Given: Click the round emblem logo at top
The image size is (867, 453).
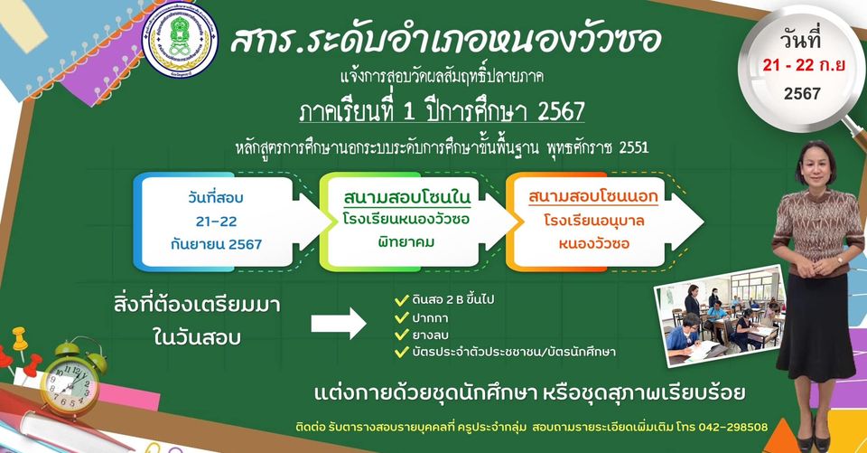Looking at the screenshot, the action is point(181,40).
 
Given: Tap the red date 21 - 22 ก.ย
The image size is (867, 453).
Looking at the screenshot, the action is point(804,65).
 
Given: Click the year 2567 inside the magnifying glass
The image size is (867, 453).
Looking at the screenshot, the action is point(802,93).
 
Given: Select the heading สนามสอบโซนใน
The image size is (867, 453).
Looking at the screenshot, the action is point(407,196).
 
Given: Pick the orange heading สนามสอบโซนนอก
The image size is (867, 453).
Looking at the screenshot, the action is point(592,196).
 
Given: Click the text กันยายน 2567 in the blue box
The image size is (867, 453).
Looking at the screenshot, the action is point(216,244).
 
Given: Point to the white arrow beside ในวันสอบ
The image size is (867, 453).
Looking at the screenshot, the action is point(339,324).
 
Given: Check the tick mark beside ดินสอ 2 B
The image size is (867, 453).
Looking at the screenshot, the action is point(401,300).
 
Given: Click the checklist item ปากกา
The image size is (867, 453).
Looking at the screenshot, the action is point(430,318).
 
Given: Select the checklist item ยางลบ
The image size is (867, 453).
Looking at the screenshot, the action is point(430,335).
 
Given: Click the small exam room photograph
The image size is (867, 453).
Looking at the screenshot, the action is point(720,316).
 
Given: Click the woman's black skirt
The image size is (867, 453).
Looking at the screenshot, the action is point(816,326).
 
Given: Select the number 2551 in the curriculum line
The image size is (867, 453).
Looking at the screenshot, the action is point(634,147).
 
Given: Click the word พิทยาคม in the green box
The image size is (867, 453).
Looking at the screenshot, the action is point(406,242).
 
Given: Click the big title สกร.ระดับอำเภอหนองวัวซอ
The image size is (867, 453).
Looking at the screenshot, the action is point(445,40).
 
